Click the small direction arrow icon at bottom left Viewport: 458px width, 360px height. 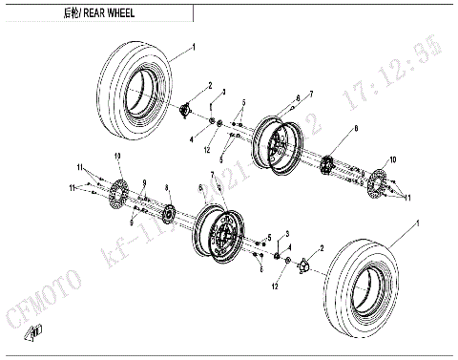pos(35,330)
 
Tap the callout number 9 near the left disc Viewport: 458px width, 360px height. pos(144,183)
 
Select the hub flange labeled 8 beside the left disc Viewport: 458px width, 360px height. pos(168,210)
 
